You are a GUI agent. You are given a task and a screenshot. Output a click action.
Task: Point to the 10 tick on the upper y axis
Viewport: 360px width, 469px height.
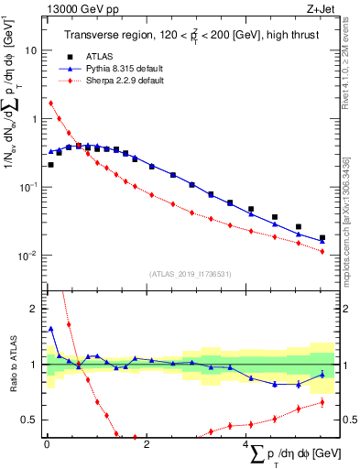pos(33,50)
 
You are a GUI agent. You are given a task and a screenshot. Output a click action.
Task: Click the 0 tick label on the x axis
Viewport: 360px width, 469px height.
pos(46,445)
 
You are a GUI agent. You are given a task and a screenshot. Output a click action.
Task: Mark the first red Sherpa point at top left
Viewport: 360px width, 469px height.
pos(50,104)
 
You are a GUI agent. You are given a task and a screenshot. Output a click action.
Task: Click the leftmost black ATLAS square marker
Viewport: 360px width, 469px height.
pos(50,165)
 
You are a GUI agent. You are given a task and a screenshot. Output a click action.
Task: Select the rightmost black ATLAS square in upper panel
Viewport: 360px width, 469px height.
pos(322,238)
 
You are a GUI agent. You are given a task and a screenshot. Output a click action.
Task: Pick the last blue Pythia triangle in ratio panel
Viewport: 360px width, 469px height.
pos(322,374)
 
